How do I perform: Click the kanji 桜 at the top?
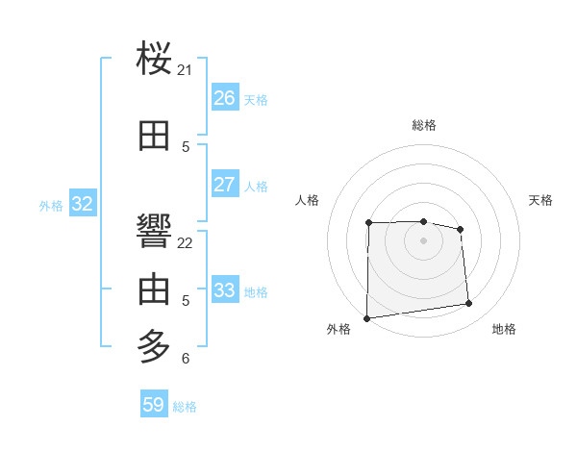pos(155,60)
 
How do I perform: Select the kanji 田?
pos(155,137)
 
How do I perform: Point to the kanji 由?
pos(155,289)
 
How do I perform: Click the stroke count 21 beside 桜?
pos(186,70)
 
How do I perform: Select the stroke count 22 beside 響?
pos(186,242)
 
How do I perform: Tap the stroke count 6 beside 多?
pos(186,359)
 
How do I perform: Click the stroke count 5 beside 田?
pos(186,147)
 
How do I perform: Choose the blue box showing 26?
pos(224,98)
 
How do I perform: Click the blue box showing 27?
pos(224,185)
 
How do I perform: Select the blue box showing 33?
pos(224,290)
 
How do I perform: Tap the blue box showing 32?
pos(82,204)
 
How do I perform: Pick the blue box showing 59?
pos(154,405)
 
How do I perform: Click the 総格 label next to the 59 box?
pos(185,407)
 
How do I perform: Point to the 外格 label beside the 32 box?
pos(51,205)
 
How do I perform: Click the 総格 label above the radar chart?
pos(424,125)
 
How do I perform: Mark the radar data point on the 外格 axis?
pos(366,318)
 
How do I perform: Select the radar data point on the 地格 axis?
pos(469,304)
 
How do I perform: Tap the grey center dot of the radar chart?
pos(423,240)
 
